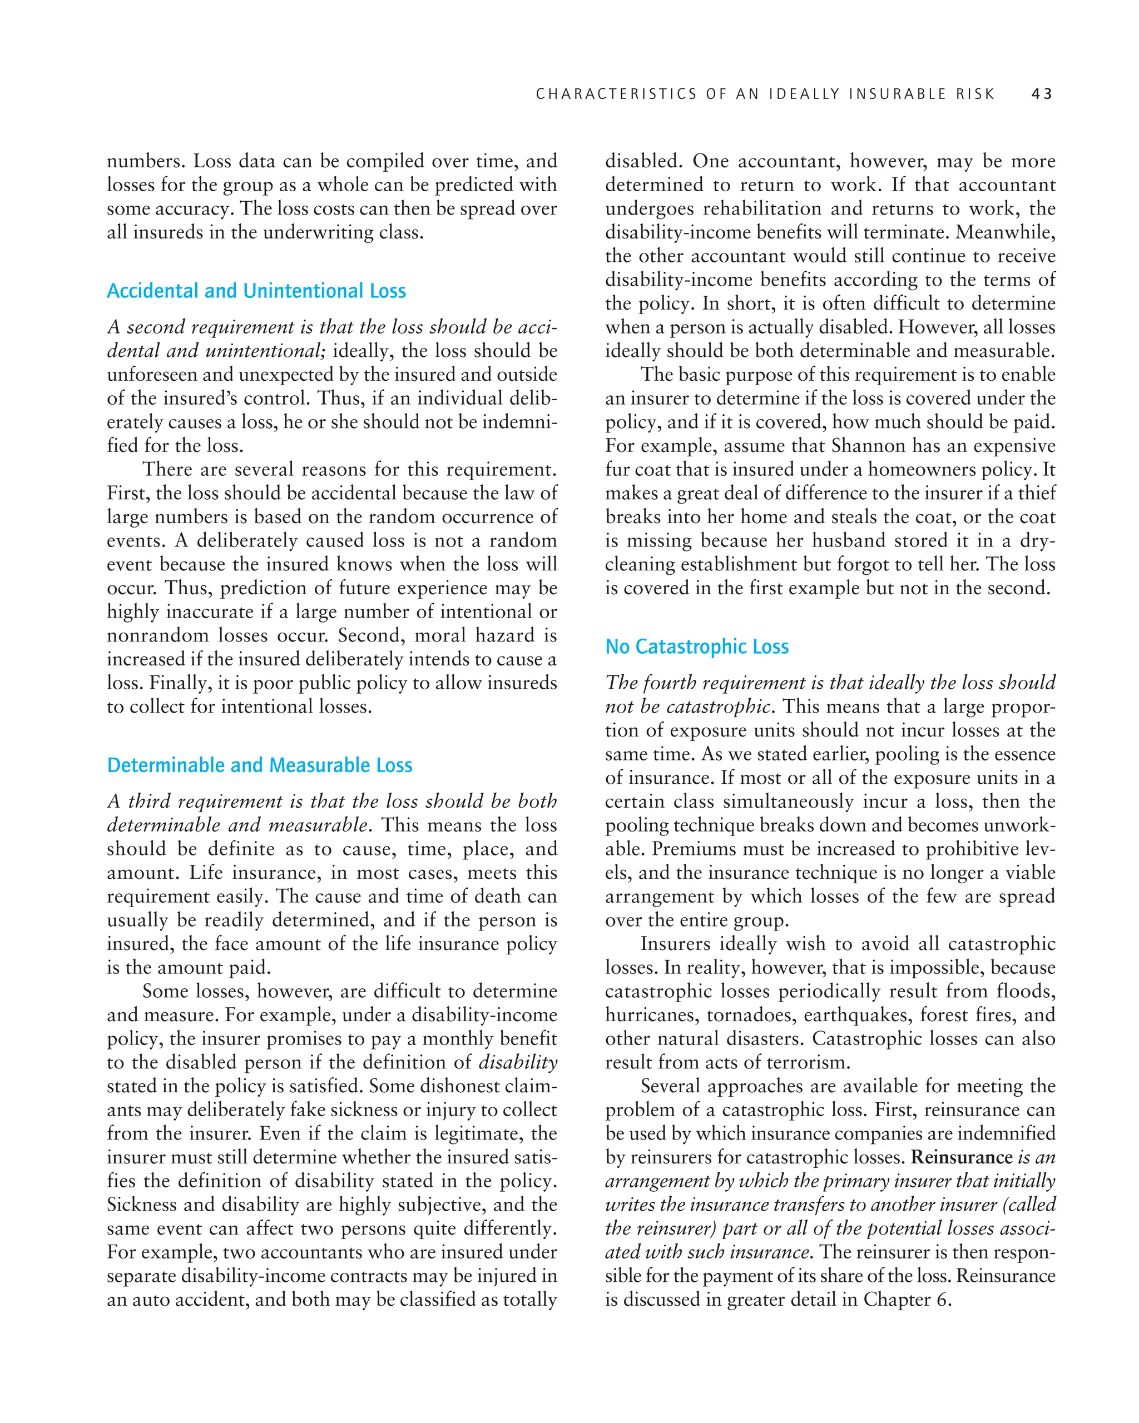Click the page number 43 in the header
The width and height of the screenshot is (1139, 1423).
point(1041,94)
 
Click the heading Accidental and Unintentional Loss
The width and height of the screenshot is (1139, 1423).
point(256,291)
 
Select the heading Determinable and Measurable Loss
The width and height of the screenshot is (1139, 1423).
point(260,765)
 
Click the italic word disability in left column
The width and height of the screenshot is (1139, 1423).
point(518,1062)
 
